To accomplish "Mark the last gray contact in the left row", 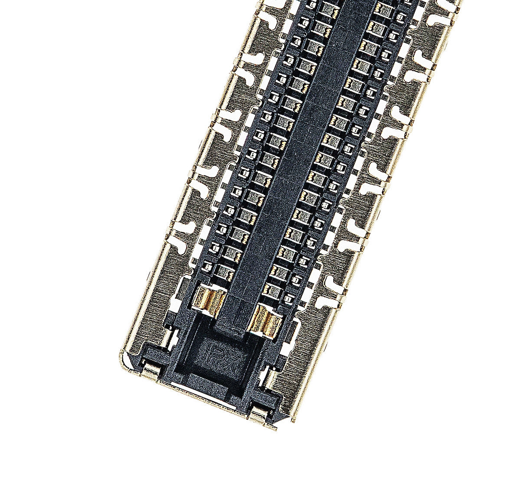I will point(224,272).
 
